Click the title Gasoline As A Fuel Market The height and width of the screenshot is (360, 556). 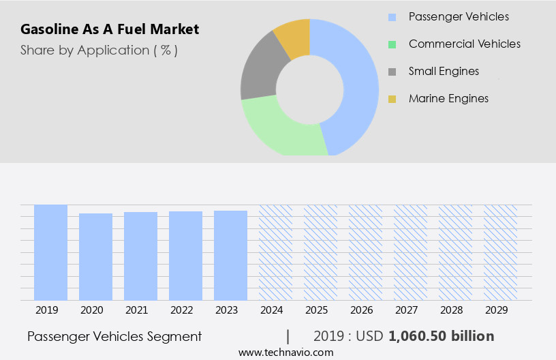click(110, 29)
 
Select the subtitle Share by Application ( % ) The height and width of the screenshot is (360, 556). click(99, 50)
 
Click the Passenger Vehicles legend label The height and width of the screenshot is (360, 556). click(459, 16)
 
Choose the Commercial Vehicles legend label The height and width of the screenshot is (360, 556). click(464, 44)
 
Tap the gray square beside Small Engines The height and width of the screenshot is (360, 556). click(392, 72)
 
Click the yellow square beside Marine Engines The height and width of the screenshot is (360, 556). click(392, 99)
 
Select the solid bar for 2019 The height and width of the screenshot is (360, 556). click(51, 252)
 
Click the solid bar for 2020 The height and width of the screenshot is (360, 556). click(96, 256)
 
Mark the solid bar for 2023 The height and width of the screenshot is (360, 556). click(230, 255)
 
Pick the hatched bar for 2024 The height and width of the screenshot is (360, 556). click(275, 252)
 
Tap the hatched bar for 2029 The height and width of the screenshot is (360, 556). click(500, 252)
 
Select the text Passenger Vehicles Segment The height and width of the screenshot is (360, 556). click(114, 336)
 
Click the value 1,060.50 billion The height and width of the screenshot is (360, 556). click(442, 336)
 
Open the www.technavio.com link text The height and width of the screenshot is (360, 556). click(285, 352)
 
